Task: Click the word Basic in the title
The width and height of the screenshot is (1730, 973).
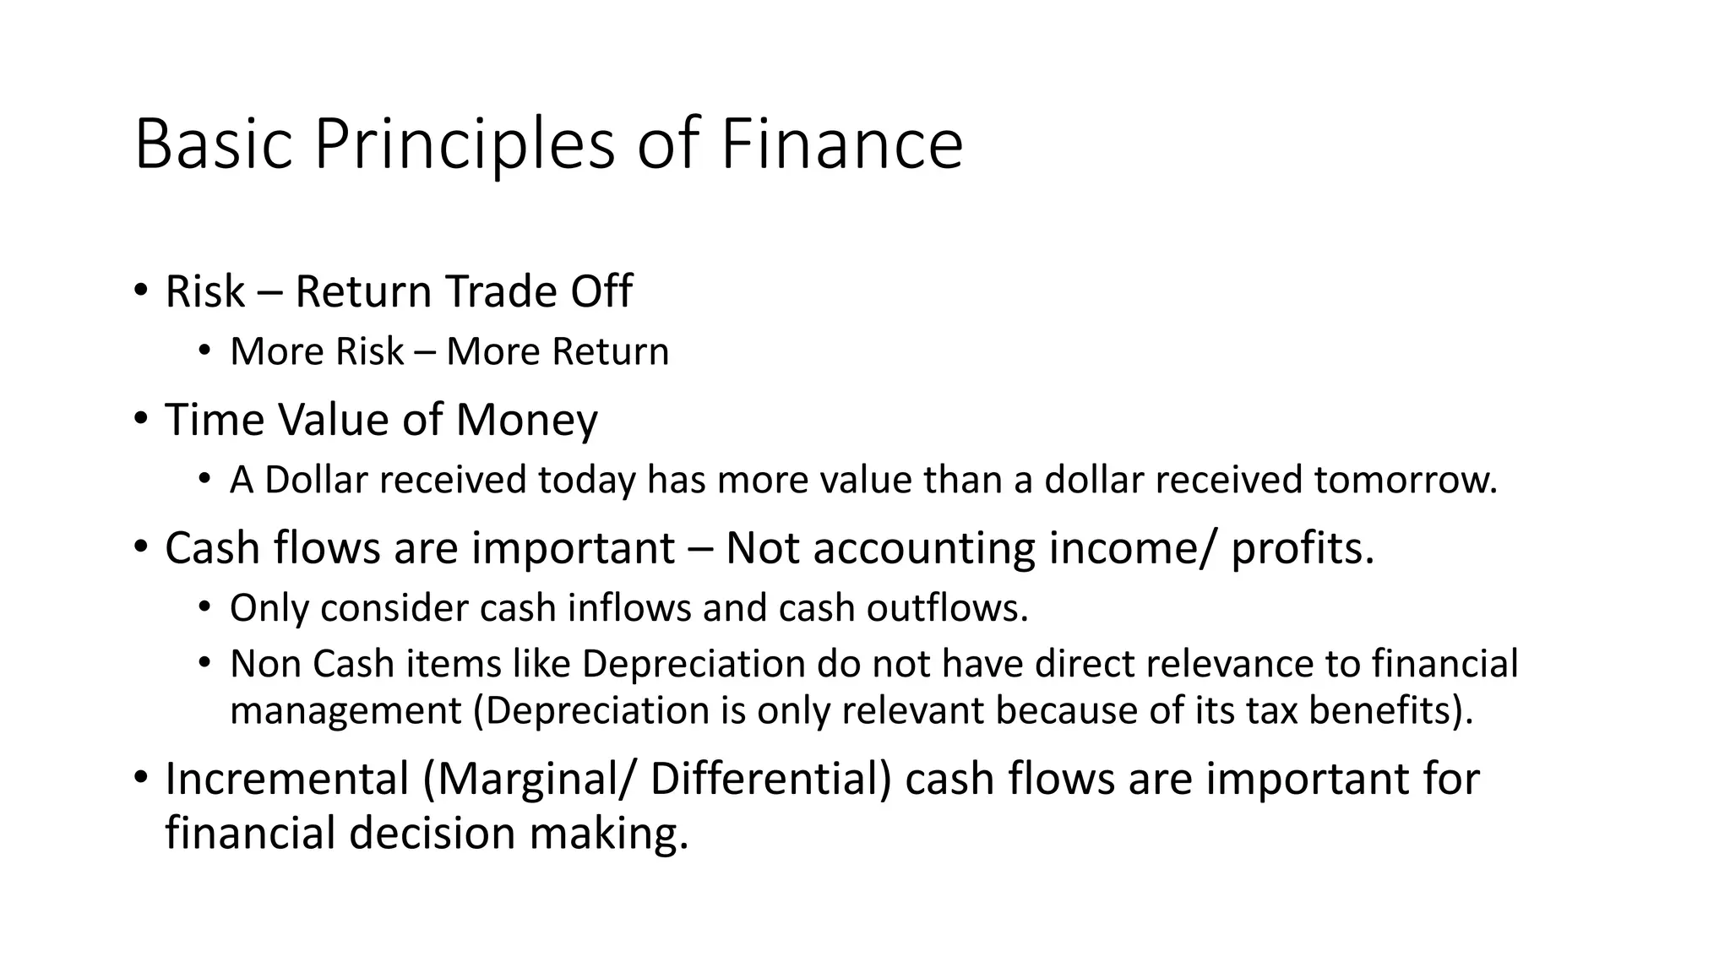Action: coord(214,144)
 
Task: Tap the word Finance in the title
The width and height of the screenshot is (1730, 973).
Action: coord(841,144)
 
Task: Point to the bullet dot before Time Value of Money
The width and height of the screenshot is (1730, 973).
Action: coord(140,418)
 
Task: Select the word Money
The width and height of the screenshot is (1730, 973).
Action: coord(526,420)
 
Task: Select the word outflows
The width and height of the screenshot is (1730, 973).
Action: coord(947,608)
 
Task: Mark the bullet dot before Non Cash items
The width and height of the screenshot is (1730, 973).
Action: coord(204,663)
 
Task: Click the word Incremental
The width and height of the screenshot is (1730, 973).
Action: coord(287,779)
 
